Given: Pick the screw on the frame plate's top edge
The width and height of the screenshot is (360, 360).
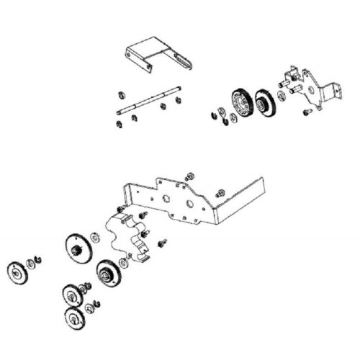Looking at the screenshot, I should click(190, 176).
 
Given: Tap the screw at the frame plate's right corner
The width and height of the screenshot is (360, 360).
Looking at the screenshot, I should click(220, 192).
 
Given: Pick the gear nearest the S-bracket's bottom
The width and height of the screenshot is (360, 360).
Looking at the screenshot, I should click(108, 272).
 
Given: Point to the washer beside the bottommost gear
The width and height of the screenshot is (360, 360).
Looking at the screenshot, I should click(90, 310).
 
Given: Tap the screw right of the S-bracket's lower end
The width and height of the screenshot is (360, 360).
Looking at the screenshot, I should click(161, 243).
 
